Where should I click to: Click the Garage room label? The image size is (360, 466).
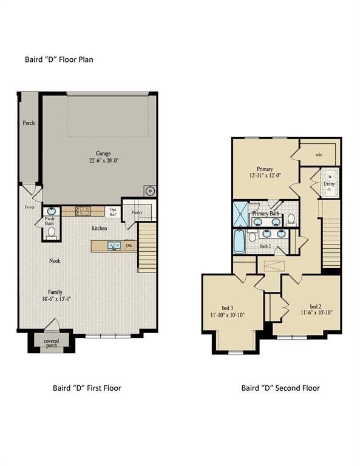coord(102,154)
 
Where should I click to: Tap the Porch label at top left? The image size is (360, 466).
coord(29,123)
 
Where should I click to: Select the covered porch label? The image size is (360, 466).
coord(52,344)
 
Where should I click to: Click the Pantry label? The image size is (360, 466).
coord(137,212)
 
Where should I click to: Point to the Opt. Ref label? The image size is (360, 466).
coord(113,212)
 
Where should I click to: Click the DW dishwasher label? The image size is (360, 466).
coord(128,246)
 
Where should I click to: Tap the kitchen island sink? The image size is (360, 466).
coord(113,246)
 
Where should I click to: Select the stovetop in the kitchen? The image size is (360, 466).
coord(83,212)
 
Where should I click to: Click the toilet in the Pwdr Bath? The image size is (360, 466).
coord(51,232)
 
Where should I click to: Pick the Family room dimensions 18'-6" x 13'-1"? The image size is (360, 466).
coord(56,299)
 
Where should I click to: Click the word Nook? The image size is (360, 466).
coord(55,261)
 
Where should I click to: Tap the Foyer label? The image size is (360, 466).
coord(29,207)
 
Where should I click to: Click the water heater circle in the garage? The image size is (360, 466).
coord(149,191)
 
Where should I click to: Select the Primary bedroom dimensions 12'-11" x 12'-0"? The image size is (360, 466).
coord(264,175)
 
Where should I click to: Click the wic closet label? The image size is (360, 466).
coord(318,155)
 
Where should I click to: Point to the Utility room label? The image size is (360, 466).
coord(329,183)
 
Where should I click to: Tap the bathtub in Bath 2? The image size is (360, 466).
coord(239,241)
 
